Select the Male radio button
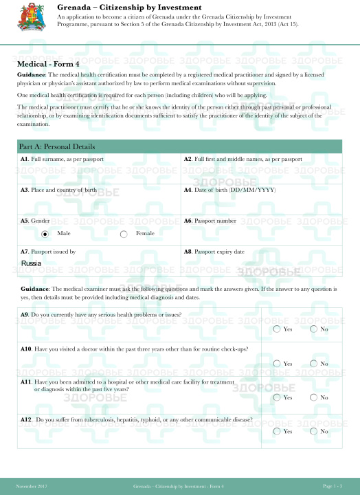[45, 234]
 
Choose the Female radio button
[124, 234]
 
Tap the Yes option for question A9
[276, 329]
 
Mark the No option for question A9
[313, 329]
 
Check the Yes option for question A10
[276, 363]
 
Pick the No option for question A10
[313, 363]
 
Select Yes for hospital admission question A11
[276, 397]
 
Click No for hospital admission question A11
[313, 397]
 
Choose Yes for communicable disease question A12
[276, 431]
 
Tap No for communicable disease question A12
[313, 431]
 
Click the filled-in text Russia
[31, 263]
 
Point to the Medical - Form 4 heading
[46, 63]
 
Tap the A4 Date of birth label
[229, 189]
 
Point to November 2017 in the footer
[32, 486]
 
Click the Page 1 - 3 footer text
[332, 486]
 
